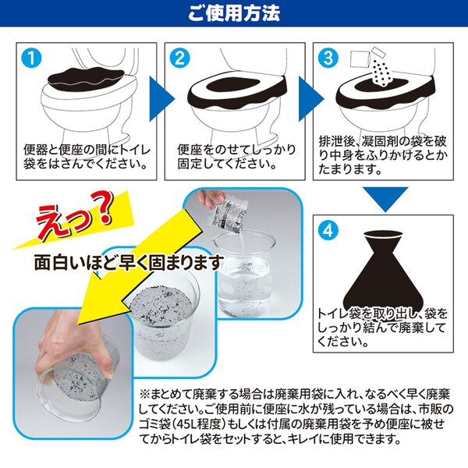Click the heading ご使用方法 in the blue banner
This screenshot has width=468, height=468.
pyautogui.click(x=234, y=13)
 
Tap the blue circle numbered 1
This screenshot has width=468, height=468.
pyautogui.click(x=32, y=58)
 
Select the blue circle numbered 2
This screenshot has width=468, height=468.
pyautogui.click(x=179, y=58)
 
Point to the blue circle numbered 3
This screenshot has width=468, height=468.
pyautogui.click(x=328, y=58)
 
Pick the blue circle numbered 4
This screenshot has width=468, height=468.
pyautogui.click(x=328, y=230)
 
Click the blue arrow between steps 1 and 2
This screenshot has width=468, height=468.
pyautogui.click(x=161, y=98)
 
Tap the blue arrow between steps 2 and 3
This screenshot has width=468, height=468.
pyautogui.click(x=310, y=98)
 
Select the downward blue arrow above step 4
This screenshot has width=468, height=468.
pyautogui.click(x=385, y=198)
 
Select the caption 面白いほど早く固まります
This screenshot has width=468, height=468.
pyautogui.click(x=129, y=263)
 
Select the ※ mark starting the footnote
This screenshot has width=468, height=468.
pyautogui.click(x=144, y=395)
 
